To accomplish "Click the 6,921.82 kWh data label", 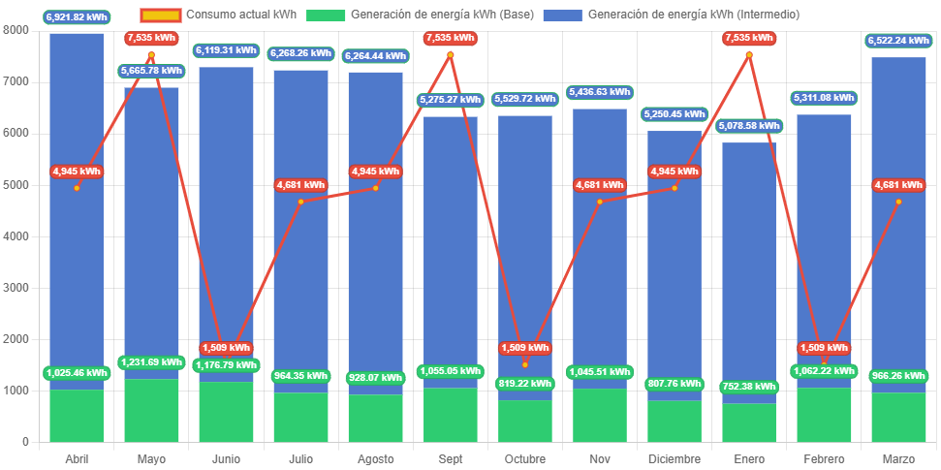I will coord(77,17).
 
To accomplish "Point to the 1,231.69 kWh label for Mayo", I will coord(151,362).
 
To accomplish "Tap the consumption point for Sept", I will coord(450,55).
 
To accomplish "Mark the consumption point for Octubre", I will coord(524,364).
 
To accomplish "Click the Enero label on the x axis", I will coord(748,458).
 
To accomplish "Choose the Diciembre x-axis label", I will coord(674,458).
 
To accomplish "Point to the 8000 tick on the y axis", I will coord(16,30).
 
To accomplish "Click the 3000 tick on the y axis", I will coord(16,288).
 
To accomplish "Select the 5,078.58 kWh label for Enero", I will coord(748,126).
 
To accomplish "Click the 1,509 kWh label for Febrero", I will coord(824,348).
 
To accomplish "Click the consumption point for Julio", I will coord(300,202).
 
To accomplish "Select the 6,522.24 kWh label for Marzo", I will coord(898,41).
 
